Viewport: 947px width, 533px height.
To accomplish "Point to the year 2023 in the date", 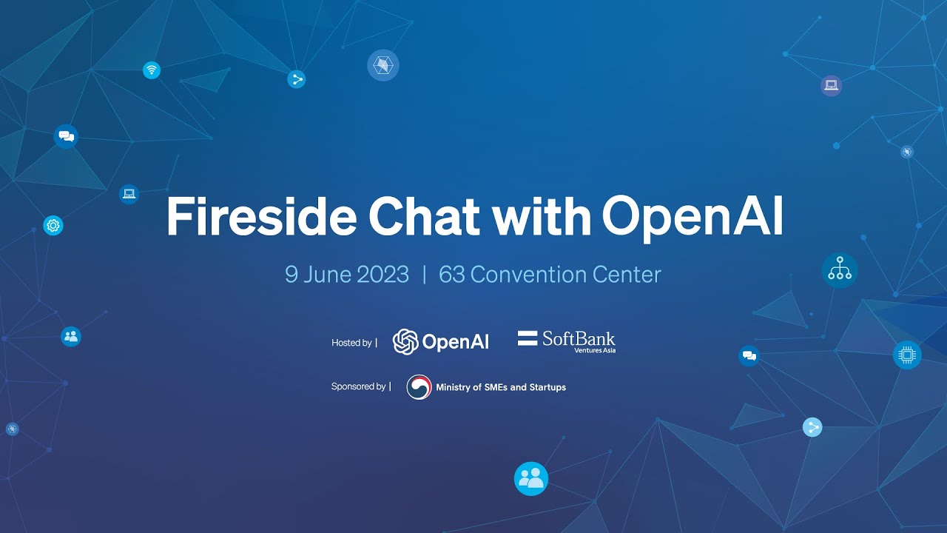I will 382,275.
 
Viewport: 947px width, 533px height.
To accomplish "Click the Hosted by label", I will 351,343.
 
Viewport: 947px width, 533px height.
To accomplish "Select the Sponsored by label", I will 358,386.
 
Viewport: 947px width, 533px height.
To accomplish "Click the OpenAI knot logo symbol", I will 405,341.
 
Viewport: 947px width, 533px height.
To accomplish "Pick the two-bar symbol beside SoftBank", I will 528,339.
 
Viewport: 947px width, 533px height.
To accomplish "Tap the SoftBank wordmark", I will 579,338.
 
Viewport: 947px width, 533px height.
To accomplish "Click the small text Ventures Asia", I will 595,350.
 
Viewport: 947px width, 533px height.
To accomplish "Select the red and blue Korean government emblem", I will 419,387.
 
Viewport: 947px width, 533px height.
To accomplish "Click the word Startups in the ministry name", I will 547,387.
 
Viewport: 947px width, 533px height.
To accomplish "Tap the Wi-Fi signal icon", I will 152,70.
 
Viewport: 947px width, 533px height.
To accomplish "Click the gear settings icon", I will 53,226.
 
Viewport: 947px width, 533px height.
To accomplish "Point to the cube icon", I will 383,65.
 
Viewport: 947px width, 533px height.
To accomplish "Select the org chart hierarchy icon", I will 840,270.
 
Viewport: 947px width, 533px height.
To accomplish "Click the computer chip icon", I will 907,355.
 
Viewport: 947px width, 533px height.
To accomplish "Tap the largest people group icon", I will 531,479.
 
